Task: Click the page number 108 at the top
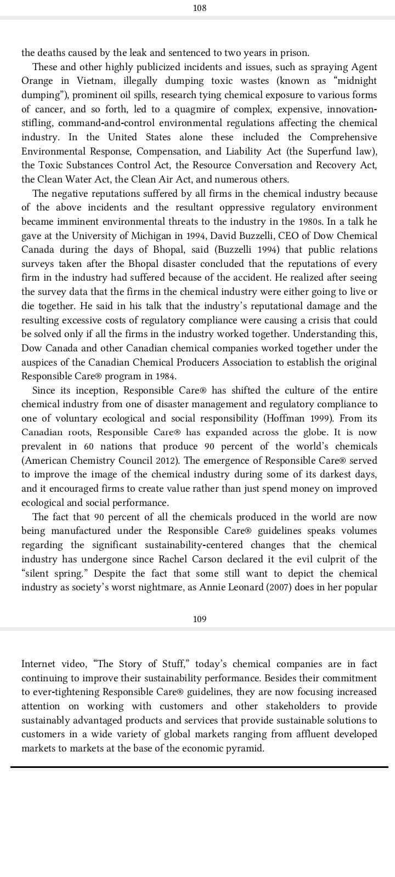[200, 8]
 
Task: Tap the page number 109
[200, 619]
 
